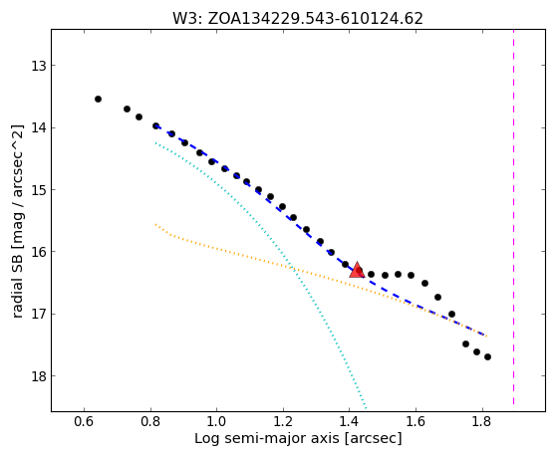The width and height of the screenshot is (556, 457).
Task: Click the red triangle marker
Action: click(x=357, y=270)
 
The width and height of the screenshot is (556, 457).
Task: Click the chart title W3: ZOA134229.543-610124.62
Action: click(x=298, y=19)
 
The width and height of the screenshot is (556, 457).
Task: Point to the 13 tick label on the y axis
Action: click(x=39, y=66)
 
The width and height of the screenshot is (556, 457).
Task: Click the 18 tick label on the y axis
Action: click(x=39, y=376)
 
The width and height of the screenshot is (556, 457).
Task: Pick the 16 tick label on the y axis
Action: click(x=39, y=252)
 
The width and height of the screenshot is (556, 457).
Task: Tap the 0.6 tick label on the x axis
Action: click(x=84, y=421)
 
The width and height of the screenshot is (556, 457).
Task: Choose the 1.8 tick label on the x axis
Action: click(x=482, y=421)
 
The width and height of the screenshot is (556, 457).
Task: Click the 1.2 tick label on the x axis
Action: click(x=283, y=421)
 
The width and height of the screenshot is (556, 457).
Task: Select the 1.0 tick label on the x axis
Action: click(x=217, y=421)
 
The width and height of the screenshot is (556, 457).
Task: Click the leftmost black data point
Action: click(x=99, y=99)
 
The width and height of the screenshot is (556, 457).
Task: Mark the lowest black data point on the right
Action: click(x=487, y=356)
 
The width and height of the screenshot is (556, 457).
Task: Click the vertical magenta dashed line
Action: click(x=513, y=220)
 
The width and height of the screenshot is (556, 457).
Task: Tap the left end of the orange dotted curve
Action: click(x=155, y=224)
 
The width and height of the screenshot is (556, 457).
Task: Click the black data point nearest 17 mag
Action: click(x=451, y=314)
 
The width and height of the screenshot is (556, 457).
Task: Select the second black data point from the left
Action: click(x=127, y=109)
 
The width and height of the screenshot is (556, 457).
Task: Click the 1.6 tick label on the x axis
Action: click(x=416, y=421)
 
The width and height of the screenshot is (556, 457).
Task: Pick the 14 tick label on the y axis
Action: click(x=39, y=127)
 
